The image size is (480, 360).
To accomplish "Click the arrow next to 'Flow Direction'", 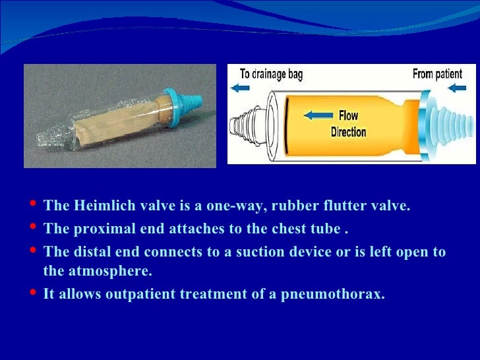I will pyautogui.click(x=318, y=116).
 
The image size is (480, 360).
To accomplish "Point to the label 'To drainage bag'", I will pyautogui.click(x=271, y=74).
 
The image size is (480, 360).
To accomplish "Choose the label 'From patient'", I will pyautogui.click(x=437, y=74).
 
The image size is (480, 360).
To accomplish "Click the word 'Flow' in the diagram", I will pyautogui.click(x=348, y=116).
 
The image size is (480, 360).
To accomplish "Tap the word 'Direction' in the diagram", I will pyautogui.click(x=348, y=132).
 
